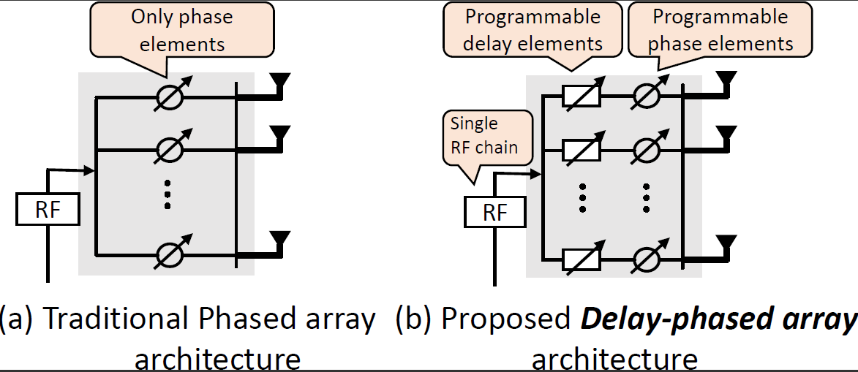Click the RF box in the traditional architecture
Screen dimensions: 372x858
click(x=47, y=210)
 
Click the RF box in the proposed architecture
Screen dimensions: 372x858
click(x=495, y=213)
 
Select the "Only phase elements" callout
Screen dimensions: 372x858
click(x=182, y=31)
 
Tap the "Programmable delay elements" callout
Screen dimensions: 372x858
click(x=533, y=30)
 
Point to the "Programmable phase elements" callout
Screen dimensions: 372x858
click(x=720, y=30)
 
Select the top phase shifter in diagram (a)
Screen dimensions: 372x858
click(x=168, y=96)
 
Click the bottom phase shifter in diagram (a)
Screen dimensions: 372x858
click(x=168, y=254)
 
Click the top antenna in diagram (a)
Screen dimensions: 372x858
click(x=280, y=80)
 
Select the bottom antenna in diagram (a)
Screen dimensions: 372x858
click(x=280, y=238)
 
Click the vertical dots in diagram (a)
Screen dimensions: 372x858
click(x=168, y=194)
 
